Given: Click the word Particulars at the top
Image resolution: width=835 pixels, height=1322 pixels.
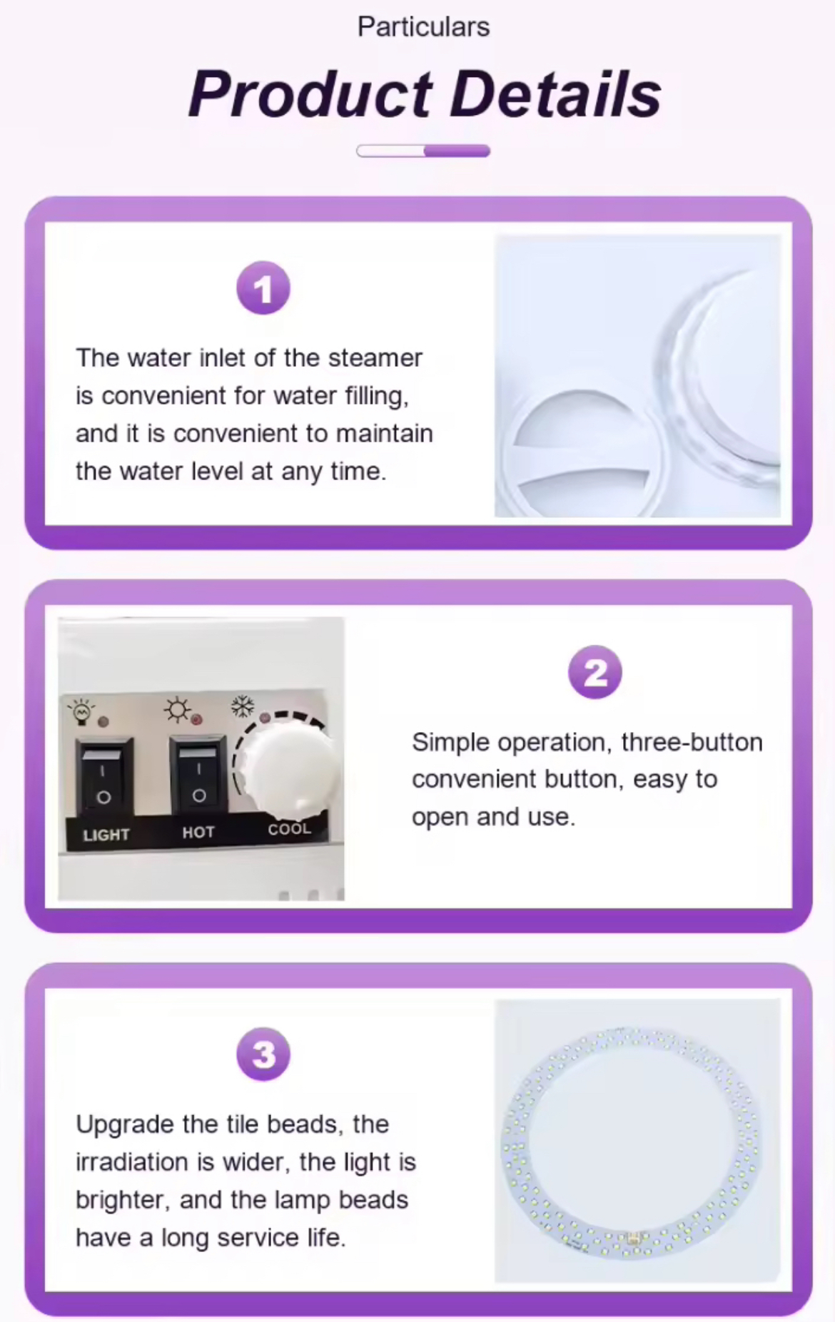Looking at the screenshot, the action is click(x=423, y=27).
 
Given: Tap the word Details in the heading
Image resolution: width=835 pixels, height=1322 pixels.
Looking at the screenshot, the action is click(x=556, y=94).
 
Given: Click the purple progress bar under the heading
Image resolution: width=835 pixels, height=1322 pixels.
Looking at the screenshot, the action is click(x=423, y=151).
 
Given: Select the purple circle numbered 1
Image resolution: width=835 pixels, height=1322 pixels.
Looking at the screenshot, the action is click(x=263, y=288).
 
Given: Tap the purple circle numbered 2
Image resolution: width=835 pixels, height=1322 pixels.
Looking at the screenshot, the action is click(x=595, y=672).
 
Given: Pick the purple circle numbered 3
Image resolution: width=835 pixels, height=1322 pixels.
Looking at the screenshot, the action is click(x=263, y=1054).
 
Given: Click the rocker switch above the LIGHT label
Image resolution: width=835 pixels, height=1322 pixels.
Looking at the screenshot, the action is click(x=104, y=776).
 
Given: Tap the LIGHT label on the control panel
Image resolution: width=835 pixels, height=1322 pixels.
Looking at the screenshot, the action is click(x=106, y=835).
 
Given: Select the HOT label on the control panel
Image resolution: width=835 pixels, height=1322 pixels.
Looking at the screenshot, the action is click(x=198, y=832).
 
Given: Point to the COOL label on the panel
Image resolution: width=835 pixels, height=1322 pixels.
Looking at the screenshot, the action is click(x=290, y=829).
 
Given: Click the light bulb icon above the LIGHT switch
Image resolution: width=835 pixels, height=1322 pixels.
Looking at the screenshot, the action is click(x=81, y=712).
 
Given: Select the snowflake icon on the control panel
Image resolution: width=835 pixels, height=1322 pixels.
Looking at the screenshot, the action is click(x=243, y=706).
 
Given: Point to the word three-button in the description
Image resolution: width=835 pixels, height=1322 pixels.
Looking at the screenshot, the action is click(x=692, y=742).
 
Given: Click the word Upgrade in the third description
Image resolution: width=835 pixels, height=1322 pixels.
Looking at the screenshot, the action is click(x=126, y=1125).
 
